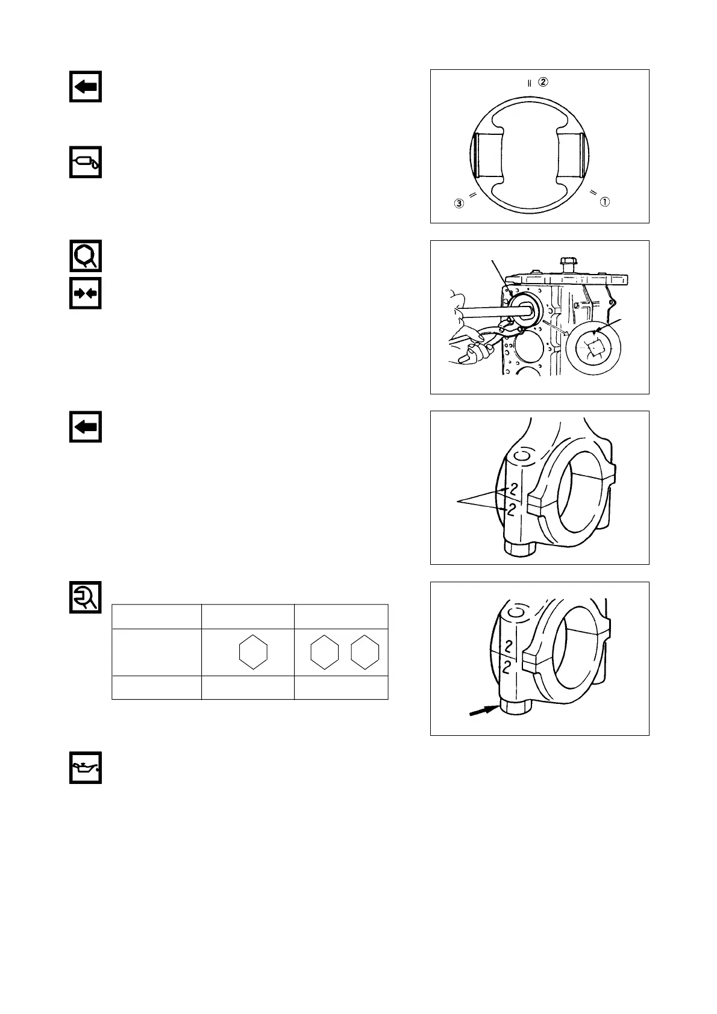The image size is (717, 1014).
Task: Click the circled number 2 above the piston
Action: tap(543, 82)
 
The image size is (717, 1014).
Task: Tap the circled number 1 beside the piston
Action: tap(604, 202)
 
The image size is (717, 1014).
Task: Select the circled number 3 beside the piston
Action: tap(460, 204)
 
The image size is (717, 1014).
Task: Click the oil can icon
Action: tap(85, 768)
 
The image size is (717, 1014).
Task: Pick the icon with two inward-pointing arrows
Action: tap(85, 293)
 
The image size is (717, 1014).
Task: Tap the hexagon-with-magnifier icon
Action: tap(85, 256)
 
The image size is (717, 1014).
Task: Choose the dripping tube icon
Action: tap(85, 161)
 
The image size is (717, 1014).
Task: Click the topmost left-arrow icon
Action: tap(85, 87)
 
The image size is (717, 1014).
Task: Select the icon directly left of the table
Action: tap(85, 597)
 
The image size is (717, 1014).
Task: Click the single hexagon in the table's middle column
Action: tap(253, 652)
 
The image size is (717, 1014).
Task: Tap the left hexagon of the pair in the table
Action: tap(324, 652)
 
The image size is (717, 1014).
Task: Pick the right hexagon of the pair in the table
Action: tap(365, 652)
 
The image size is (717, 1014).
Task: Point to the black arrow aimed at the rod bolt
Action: tap(484, 711)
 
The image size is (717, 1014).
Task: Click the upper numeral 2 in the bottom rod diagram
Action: tap(508, 647)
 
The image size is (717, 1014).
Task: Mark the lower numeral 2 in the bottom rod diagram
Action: tap(508, 667)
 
